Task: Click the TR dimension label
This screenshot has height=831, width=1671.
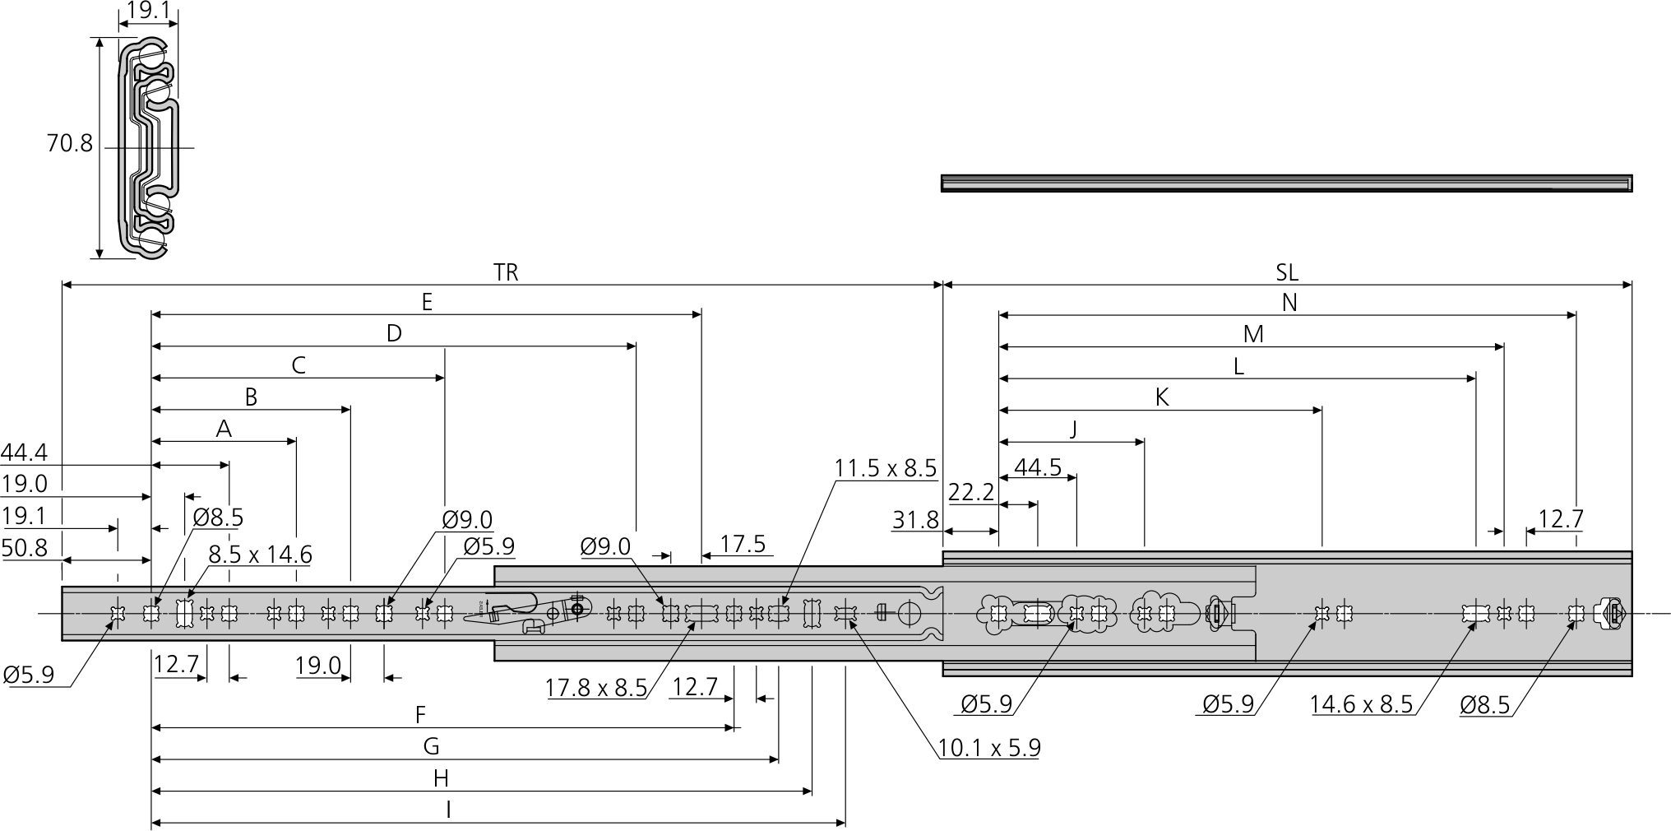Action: click(x=506, y=272)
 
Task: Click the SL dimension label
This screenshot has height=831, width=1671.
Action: click(x=1287, y=272)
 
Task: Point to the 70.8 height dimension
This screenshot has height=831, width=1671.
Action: click(x=70, y=144)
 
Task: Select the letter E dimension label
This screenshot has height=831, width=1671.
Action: click(x=427, y=302)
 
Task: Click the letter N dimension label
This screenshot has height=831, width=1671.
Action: click(x=1289, y=303)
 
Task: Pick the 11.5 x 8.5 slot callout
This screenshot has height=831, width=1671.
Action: click(x=886, y=468)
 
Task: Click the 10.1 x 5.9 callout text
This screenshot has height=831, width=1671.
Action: click(x=989, y=748)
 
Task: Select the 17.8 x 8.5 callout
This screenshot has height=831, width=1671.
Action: click(x=596, y=688)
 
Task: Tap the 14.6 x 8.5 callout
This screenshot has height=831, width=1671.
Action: click(x=1361, y=704)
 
